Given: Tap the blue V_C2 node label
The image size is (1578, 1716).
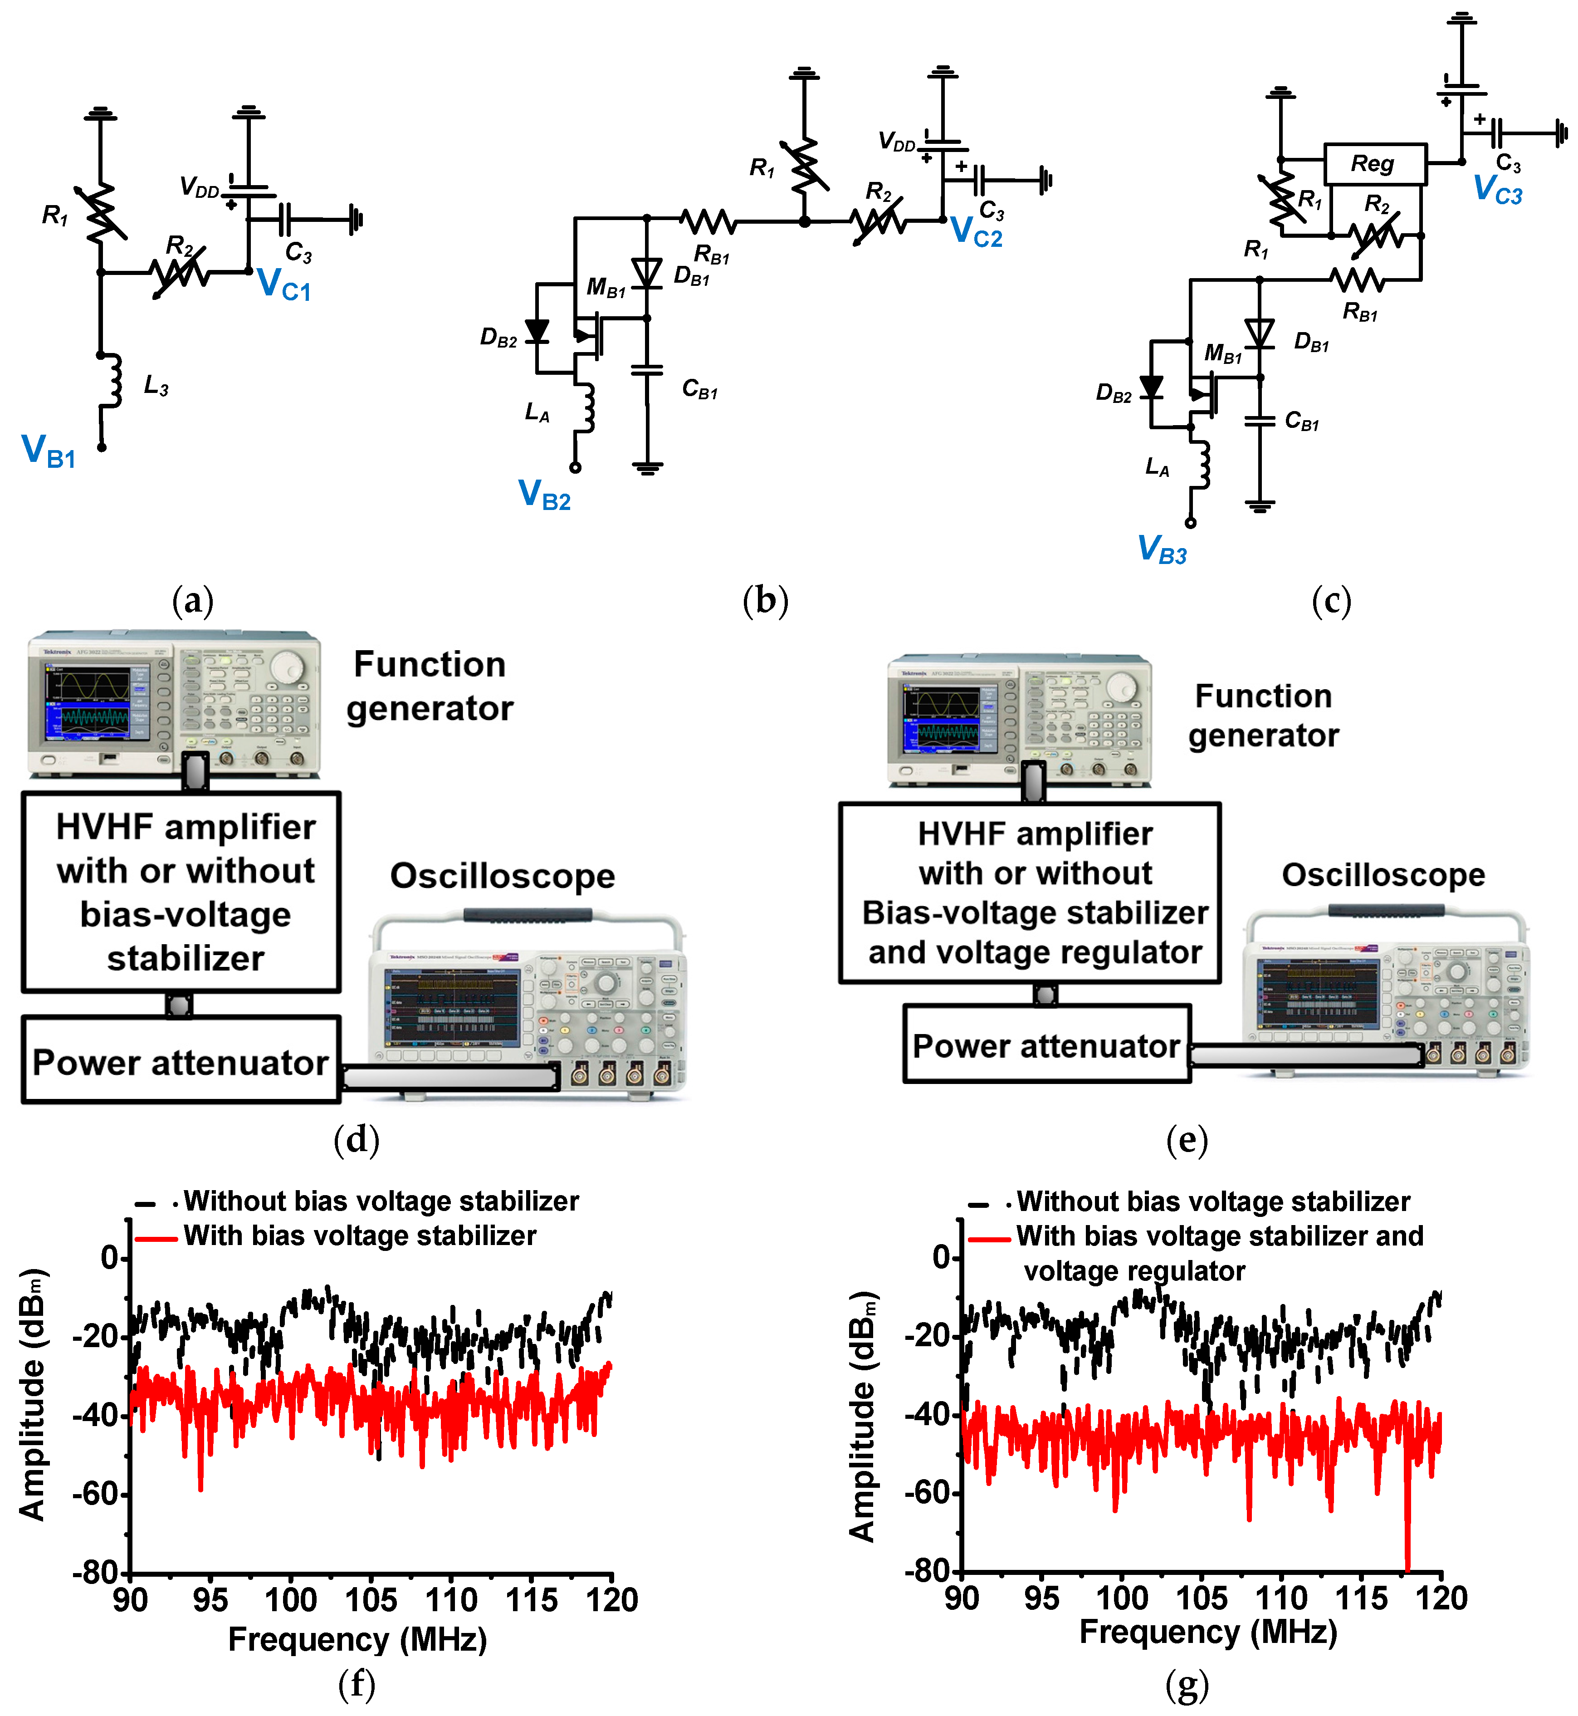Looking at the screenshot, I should pos(976,232).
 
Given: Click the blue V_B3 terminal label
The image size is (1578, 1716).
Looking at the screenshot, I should pos(1162,549).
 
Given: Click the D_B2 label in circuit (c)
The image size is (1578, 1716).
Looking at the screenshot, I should pos(1114,393).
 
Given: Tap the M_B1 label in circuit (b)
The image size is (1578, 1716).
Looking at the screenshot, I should pos(606,288).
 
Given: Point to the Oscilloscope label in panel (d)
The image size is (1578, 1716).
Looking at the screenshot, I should pos(502,876).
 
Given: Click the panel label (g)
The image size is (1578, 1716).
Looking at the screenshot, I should pos(1186,1685).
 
